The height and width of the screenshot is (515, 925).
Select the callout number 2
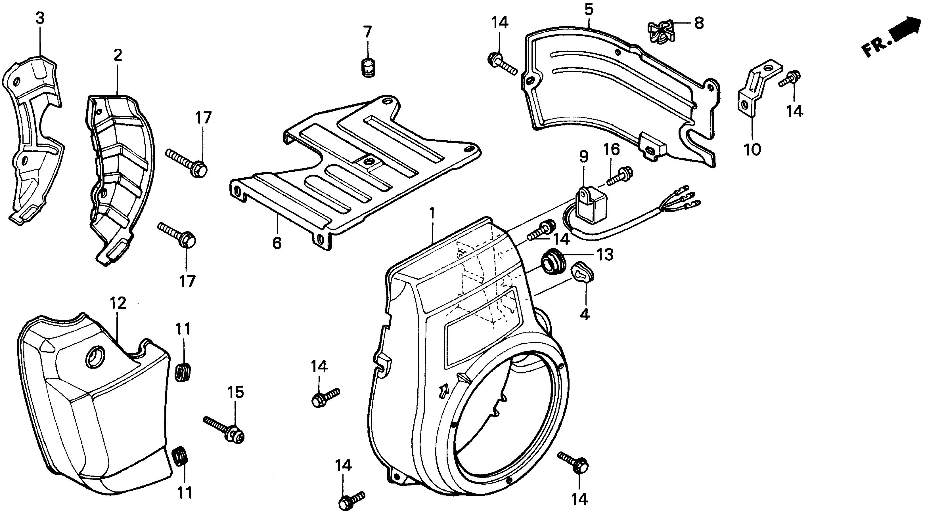[x=118, y=55]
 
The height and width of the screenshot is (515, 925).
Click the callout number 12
[x=118, y=304]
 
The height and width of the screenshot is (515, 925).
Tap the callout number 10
[x=753, y=149]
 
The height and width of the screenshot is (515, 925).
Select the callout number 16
[x=612, y=149]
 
